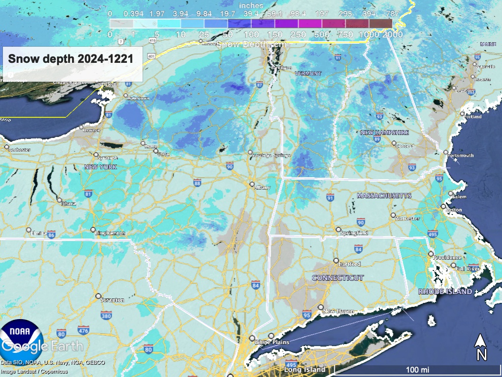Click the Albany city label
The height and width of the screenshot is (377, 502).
coord(262,188)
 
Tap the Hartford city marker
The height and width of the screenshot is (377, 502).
coord(336,261)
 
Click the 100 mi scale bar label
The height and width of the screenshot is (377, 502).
coord(418,369)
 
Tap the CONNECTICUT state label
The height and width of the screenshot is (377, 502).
coord(338,278)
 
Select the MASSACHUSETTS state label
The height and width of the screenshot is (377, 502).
coord(384,196)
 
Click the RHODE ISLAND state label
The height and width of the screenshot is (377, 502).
coord(445,292)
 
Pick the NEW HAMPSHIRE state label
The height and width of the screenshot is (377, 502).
coord(384,133)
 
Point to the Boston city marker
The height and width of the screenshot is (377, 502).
coord(443,207)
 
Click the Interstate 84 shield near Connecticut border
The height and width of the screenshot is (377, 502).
coord(255,285)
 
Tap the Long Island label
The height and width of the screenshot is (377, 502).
coord(304,369)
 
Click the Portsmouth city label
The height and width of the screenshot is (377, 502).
coord(462,156)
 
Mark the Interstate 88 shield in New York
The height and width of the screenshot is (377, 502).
coord(197,183)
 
